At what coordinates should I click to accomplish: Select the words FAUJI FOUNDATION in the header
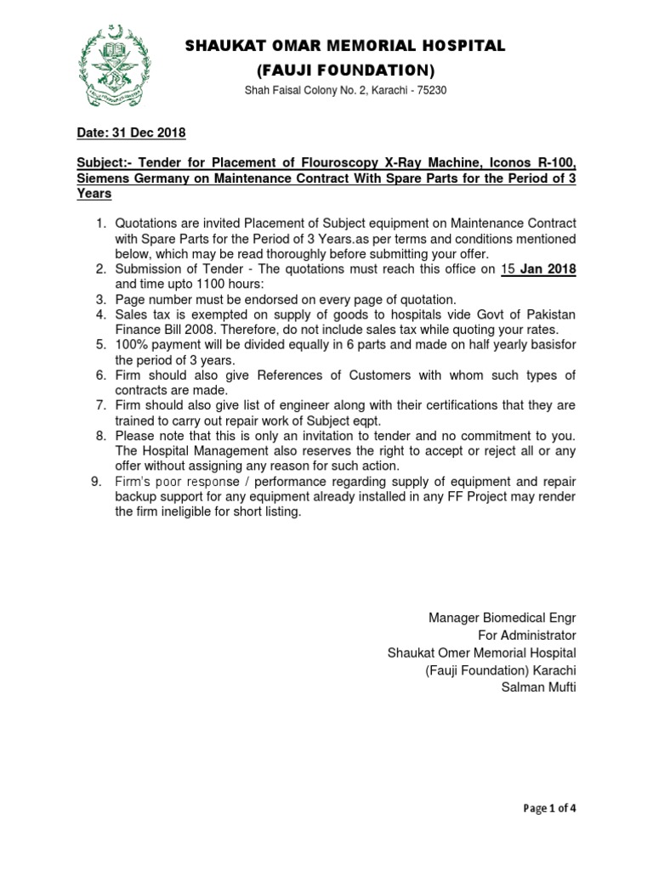click(346, 69)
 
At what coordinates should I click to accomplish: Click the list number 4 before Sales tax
click(99, 315)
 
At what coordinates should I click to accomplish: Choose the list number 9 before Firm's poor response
click(99, 482)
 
